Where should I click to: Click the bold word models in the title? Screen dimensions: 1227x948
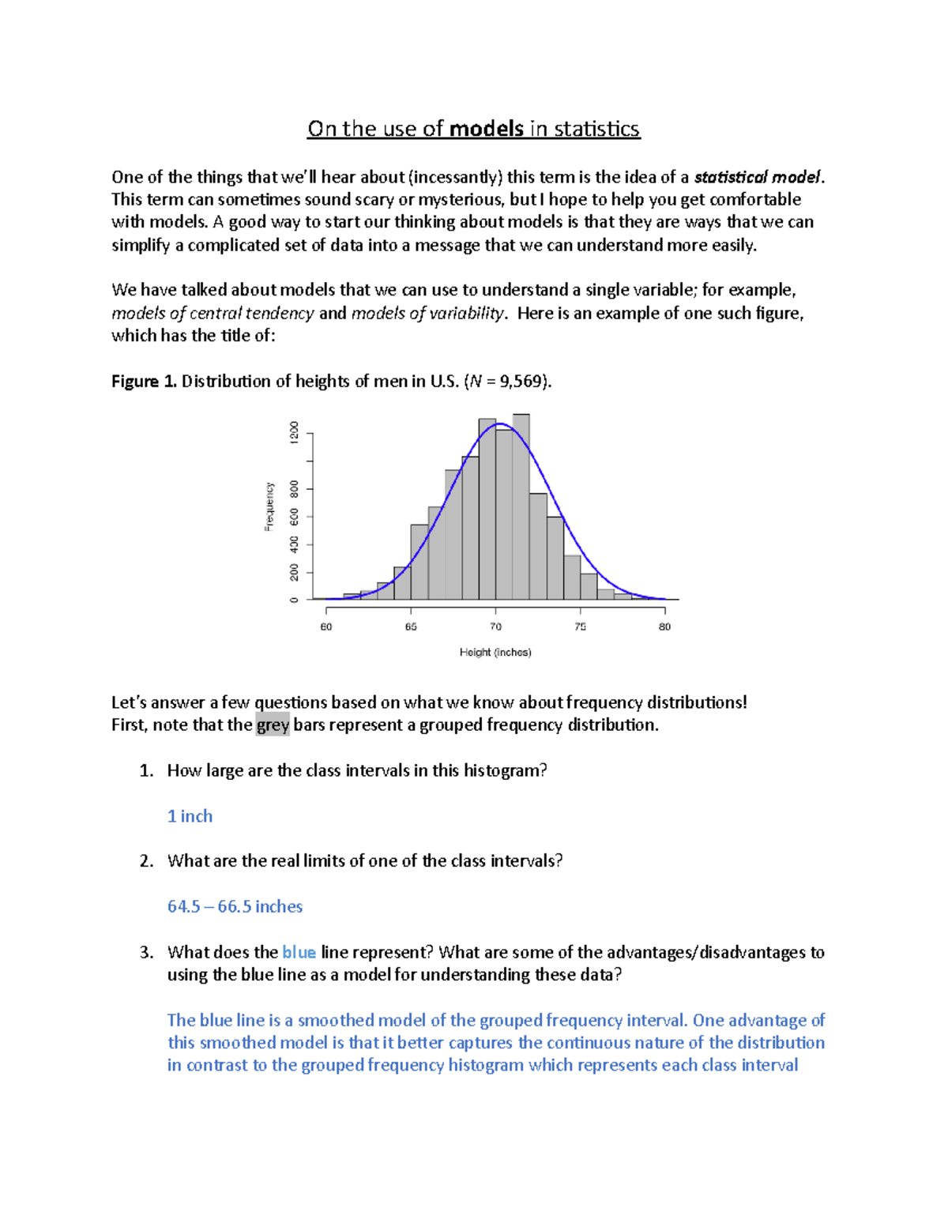486,129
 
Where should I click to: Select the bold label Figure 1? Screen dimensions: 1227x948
145,382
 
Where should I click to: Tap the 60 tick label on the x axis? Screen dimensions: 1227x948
326,627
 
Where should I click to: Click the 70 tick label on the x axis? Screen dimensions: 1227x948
495,627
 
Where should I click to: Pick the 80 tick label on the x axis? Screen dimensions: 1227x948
664,627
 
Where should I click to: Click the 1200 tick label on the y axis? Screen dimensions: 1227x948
295,432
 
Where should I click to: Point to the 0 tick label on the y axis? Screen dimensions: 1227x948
295,600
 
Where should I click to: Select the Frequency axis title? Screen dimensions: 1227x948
269,506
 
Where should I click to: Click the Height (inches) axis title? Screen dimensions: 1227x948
495,653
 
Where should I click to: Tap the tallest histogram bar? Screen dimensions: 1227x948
521,506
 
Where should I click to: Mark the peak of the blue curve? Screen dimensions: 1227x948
499,424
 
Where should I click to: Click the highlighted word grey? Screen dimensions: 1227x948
273,725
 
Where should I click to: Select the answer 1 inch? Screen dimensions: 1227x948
190,816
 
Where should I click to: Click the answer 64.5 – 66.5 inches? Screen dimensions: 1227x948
235,906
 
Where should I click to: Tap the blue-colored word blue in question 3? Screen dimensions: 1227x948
299,953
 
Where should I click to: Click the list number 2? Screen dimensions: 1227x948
146,861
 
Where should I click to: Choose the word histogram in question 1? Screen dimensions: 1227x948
505,770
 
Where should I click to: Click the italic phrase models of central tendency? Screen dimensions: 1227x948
213,314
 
